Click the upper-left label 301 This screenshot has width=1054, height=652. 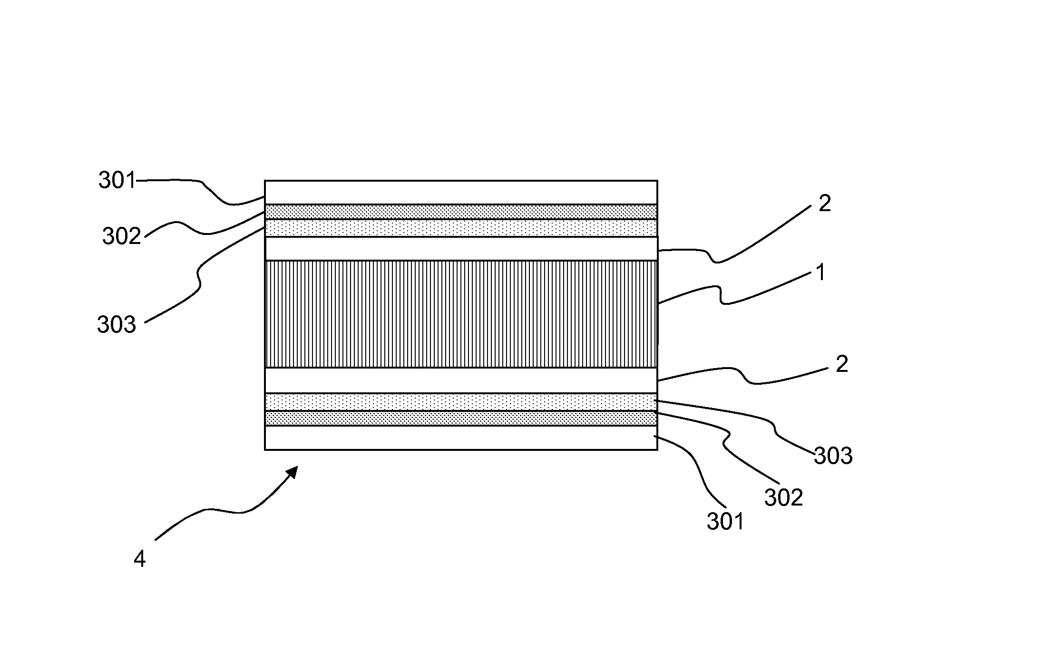pos(117,181)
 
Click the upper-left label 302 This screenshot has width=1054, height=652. pos(122,236)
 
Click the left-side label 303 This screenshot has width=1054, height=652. pos(117,325)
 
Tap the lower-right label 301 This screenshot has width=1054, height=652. pos(725,522)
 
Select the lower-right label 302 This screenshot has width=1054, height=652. pos(783,498)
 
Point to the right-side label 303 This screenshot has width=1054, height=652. pos(833,456)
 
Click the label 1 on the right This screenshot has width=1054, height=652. pos(820,273)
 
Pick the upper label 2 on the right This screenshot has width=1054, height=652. pos(824,204)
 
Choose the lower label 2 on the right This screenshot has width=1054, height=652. pos(841,364)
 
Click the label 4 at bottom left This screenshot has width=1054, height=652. pos(139,559)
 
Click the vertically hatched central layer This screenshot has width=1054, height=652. pos(461,314)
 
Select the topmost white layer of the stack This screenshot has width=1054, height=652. pos(461,193)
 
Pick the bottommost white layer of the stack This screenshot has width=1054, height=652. pos(461,438)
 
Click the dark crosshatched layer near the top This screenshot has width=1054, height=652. pos(461,212)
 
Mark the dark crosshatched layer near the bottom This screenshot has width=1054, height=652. pos(461,418)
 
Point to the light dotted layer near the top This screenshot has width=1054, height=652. pos(461,228)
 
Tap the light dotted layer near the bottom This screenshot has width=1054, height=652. pos(461,402)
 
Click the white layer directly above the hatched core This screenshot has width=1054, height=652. pos(461,249)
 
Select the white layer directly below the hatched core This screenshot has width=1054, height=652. pos(461,380)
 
